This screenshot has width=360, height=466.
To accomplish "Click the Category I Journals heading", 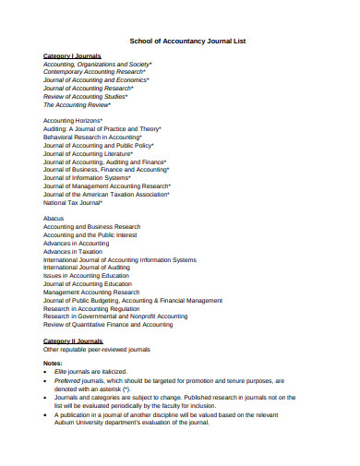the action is (x=72, y=55).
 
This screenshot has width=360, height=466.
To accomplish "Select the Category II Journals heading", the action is (x=73, y=341).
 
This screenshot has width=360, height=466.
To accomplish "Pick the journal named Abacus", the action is (x=54, y=219).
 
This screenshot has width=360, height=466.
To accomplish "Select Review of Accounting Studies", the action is (x=84, y=96).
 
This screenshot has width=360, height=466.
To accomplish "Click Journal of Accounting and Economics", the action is (x=96, y=80).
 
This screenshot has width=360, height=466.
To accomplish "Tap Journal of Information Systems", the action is (x=93, y=177).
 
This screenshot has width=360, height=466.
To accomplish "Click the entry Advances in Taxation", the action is (x=73, y=251).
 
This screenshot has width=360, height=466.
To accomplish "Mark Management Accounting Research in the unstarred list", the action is (x=91, y=292).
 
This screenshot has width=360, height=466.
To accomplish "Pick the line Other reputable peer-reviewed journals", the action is (x=97, y=350).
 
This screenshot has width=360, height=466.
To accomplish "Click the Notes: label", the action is (x=54, y=363).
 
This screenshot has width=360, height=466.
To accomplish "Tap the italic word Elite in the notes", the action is (x=64, y=371).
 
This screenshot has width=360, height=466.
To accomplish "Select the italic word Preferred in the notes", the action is (x=71, y=379).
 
